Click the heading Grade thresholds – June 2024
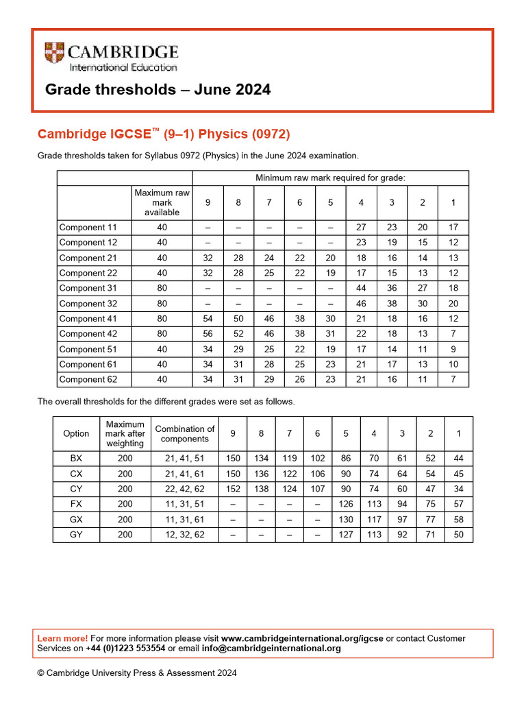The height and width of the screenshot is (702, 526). pyautogui.click(x=158, y=90)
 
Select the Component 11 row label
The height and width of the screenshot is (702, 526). pyautogui.click(x=88, y=228)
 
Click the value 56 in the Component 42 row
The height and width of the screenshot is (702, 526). pyautogui.click(x=208, y=334)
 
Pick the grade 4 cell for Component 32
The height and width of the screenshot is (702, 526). pyautogui.click(x=361, y=304)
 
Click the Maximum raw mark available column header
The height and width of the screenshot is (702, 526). pyautogui.click(x=162, y=203)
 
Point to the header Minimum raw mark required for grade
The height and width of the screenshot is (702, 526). pyautogui.click(x=330, y=178)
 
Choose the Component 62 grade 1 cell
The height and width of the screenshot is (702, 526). pyautogui.click(x=453, y=379)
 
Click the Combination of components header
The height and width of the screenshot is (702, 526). pyautogui.click(x=184, y=433)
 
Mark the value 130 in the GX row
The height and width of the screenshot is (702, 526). pyautogui.click(x=346, y=520)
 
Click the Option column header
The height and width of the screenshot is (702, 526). pyautogui.click(x=76, y=433)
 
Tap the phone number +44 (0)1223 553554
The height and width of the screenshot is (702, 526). pyautogui.click(x=125, y=649)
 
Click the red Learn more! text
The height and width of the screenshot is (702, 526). pyautogui.click(x=62, y=638)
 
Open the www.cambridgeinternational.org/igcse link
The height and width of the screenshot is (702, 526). pyautogui.click(x=302, y=638)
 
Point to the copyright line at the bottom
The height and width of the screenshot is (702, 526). pyautogui.click(x=137, y=673)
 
